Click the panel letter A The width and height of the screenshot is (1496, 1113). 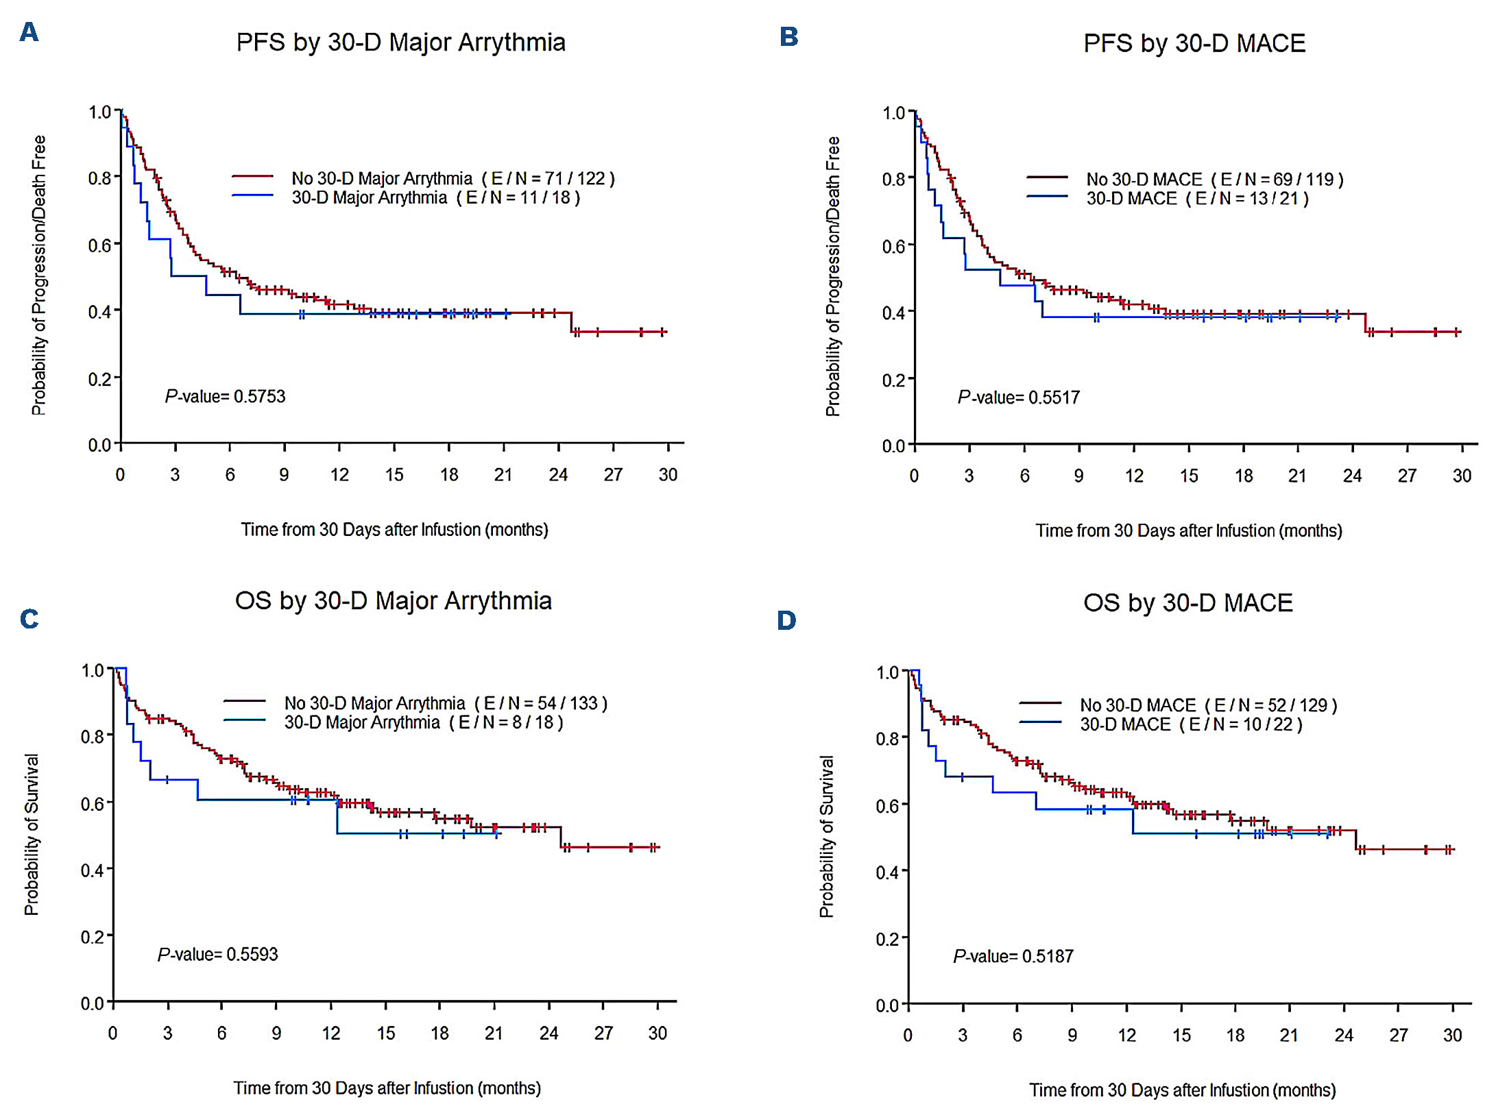tap(29, 32)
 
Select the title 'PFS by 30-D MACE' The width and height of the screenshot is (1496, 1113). tap(1194, 43)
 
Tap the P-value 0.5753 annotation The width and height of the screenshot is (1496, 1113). tap(225, 396)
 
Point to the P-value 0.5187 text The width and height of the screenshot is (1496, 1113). tap(1013, 956)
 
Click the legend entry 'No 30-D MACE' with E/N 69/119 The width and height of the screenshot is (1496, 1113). tap(1214, 180)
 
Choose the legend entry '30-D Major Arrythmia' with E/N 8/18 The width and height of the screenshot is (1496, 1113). tap(423, 722)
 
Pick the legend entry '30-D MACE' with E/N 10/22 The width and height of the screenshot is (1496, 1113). tap(1191, 724)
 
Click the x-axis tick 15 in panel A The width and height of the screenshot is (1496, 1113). tap(394, 475)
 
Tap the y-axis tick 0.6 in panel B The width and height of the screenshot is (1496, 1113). tap(894, 246)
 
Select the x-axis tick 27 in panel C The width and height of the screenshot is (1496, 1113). tap(603, 1033)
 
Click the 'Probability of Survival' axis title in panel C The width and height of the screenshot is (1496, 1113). tap(32, 834)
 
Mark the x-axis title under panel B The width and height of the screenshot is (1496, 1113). tap(1188, 530)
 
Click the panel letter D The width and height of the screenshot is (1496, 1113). tap(786, 620)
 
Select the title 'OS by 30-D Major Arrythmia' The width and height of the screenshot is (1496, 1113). tap(393, 601)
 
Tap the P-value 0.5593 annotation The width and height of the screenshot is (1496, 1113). tap(217, 955)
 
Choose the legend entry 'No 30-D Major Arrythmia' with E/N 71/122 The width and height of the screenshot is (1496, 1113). tap(453, 179)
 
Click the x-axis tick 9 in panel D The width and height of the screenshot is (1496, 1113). tap(1072, 1035)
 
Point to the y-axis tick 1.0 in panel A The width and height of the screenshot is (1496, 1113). tap(100, 112)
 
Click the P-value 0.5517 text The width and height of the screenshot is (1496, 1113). tap(1018, 397)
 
